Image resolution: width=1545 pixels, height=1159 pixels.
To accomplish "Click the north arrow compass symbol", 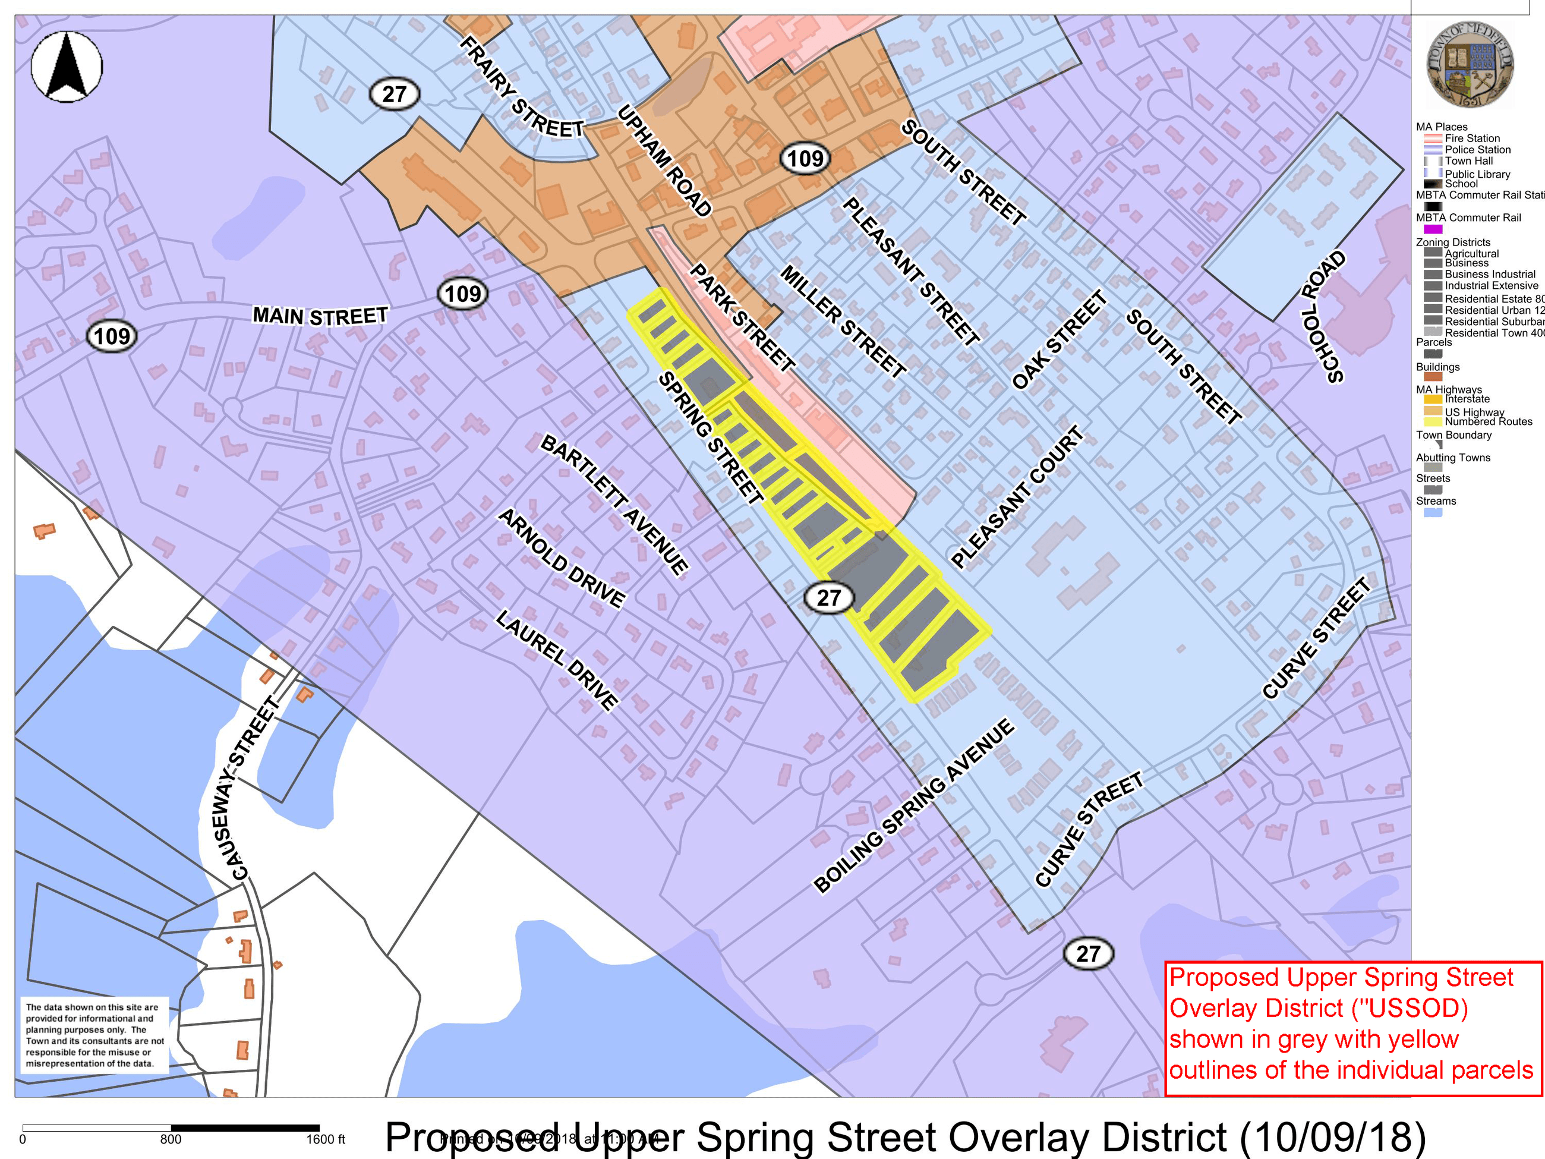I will [x=67, y=67].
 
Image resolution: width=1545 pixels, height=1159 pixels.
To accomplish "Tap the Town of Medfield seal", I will [x=1469, y=64].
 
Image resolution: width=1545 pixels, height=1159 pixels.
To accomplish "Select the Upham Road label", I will [x=664, y=160].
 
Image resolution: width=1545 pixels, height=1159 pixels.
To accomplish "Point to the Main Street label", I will [x=320, y=316].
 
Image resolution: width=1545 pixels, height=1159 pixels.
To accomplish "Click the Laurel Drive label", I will [x=557, y=660].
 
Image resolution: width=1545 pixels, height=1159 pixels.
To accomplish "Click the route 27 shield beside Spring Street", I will [x=828, y=598].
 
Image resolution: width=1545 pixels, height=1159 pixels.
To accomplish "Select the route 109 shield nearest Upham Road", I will [x=805, y=159].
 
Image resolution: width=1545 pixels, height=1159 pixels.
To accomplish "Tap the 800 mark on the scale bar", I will [x=171, y=1139].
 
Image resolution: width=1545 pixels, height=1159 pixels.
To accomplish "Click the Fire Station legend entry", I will [x=1472, y=138].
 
